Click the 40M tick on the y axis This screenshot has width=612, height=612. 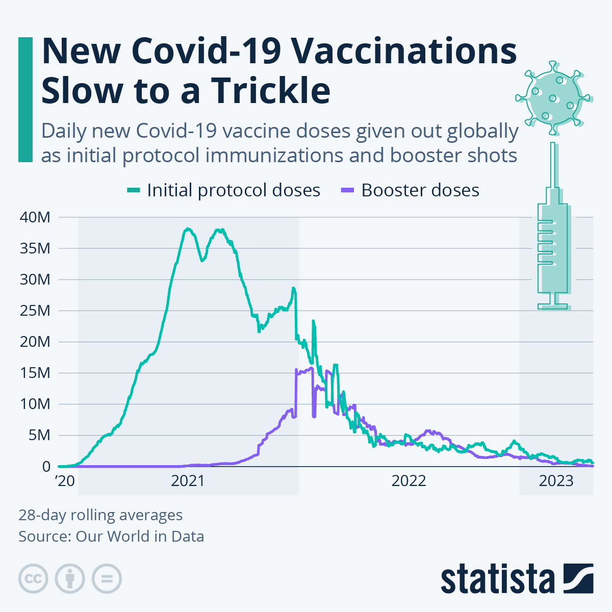[35, 217]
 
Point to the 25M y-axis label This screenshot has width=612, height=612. [35, 311]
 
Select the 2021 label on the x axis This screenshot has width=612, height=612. [188, 481]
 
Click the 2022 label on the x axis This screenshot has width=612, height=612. [409, 481]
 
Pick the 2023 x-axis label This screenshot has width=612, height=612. [556, 481]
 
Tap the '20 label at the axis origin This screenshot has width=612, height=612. [64, 481]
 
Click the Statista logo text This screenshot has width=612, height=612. [498, 579]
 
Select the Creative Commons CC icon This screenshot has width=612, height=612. [33, 579]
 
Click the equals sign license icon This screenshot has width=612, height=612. [107, 579]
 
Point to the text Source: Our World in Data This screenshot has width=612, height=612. [111, 537]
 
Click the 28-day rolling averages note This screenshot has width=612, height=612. [100, 515]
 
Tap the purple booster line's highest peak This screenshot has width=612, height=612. [311, 368]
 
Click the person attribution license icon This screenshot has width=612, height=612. [70, 579]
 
